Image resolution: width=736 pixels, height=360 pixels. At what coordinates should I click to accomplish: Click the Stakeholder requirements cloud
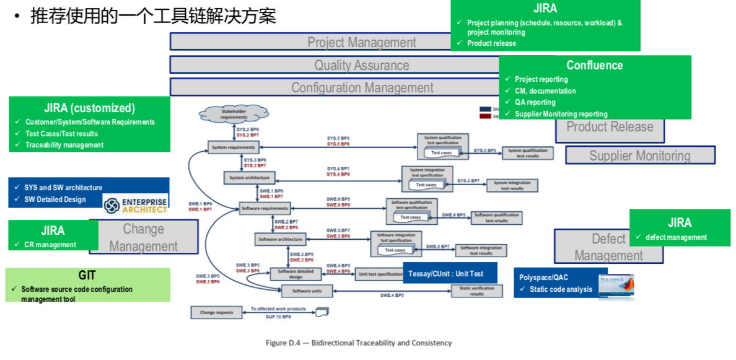click(x=233, y=115)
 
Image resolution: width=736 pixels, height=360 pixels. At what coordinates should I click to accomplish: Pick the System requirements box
click(x=233, y=147)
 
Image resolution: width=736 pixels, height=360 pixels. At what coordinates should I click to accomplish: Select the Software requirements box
click(x=265, y=208)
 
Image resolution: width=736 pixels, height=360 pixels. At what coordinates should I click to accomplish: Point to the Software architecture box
click(x=280, y=239)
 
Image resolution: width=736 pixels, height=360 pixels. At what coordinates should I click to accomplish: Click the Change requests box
click(x=216, y=312)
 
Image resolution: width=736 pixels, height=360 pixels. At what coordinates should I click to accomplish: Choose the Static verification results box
click(x=476, y=291)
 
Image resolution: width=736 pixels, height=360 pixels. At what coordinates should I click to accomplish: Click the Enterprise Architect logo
click(x=136, y=205)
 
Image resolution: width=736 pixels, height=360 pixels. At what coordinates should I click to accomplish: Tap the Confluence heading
click(x=594, y=65)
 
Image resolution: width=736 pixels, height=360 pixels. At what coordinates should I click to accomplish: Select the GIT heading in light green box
click(x=87, y=275)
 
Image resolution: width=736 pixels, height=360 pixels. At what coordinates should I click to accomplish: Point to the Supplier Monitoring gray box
click(x=640, y=156)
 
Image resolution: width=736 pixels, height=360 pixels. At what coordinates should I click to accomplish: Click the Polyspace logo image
click(x=616, y=286)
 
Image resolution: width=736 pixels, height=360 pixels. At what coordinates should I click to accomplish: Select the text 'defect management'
click(x=676, y=237)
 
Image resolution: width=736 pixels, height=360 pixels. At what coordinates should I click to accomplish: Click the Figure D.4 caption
click(x=359, y=343)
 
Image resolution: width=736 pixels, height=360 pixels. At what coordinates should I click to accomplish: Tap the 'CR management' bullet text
click(x=50, y=245)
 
